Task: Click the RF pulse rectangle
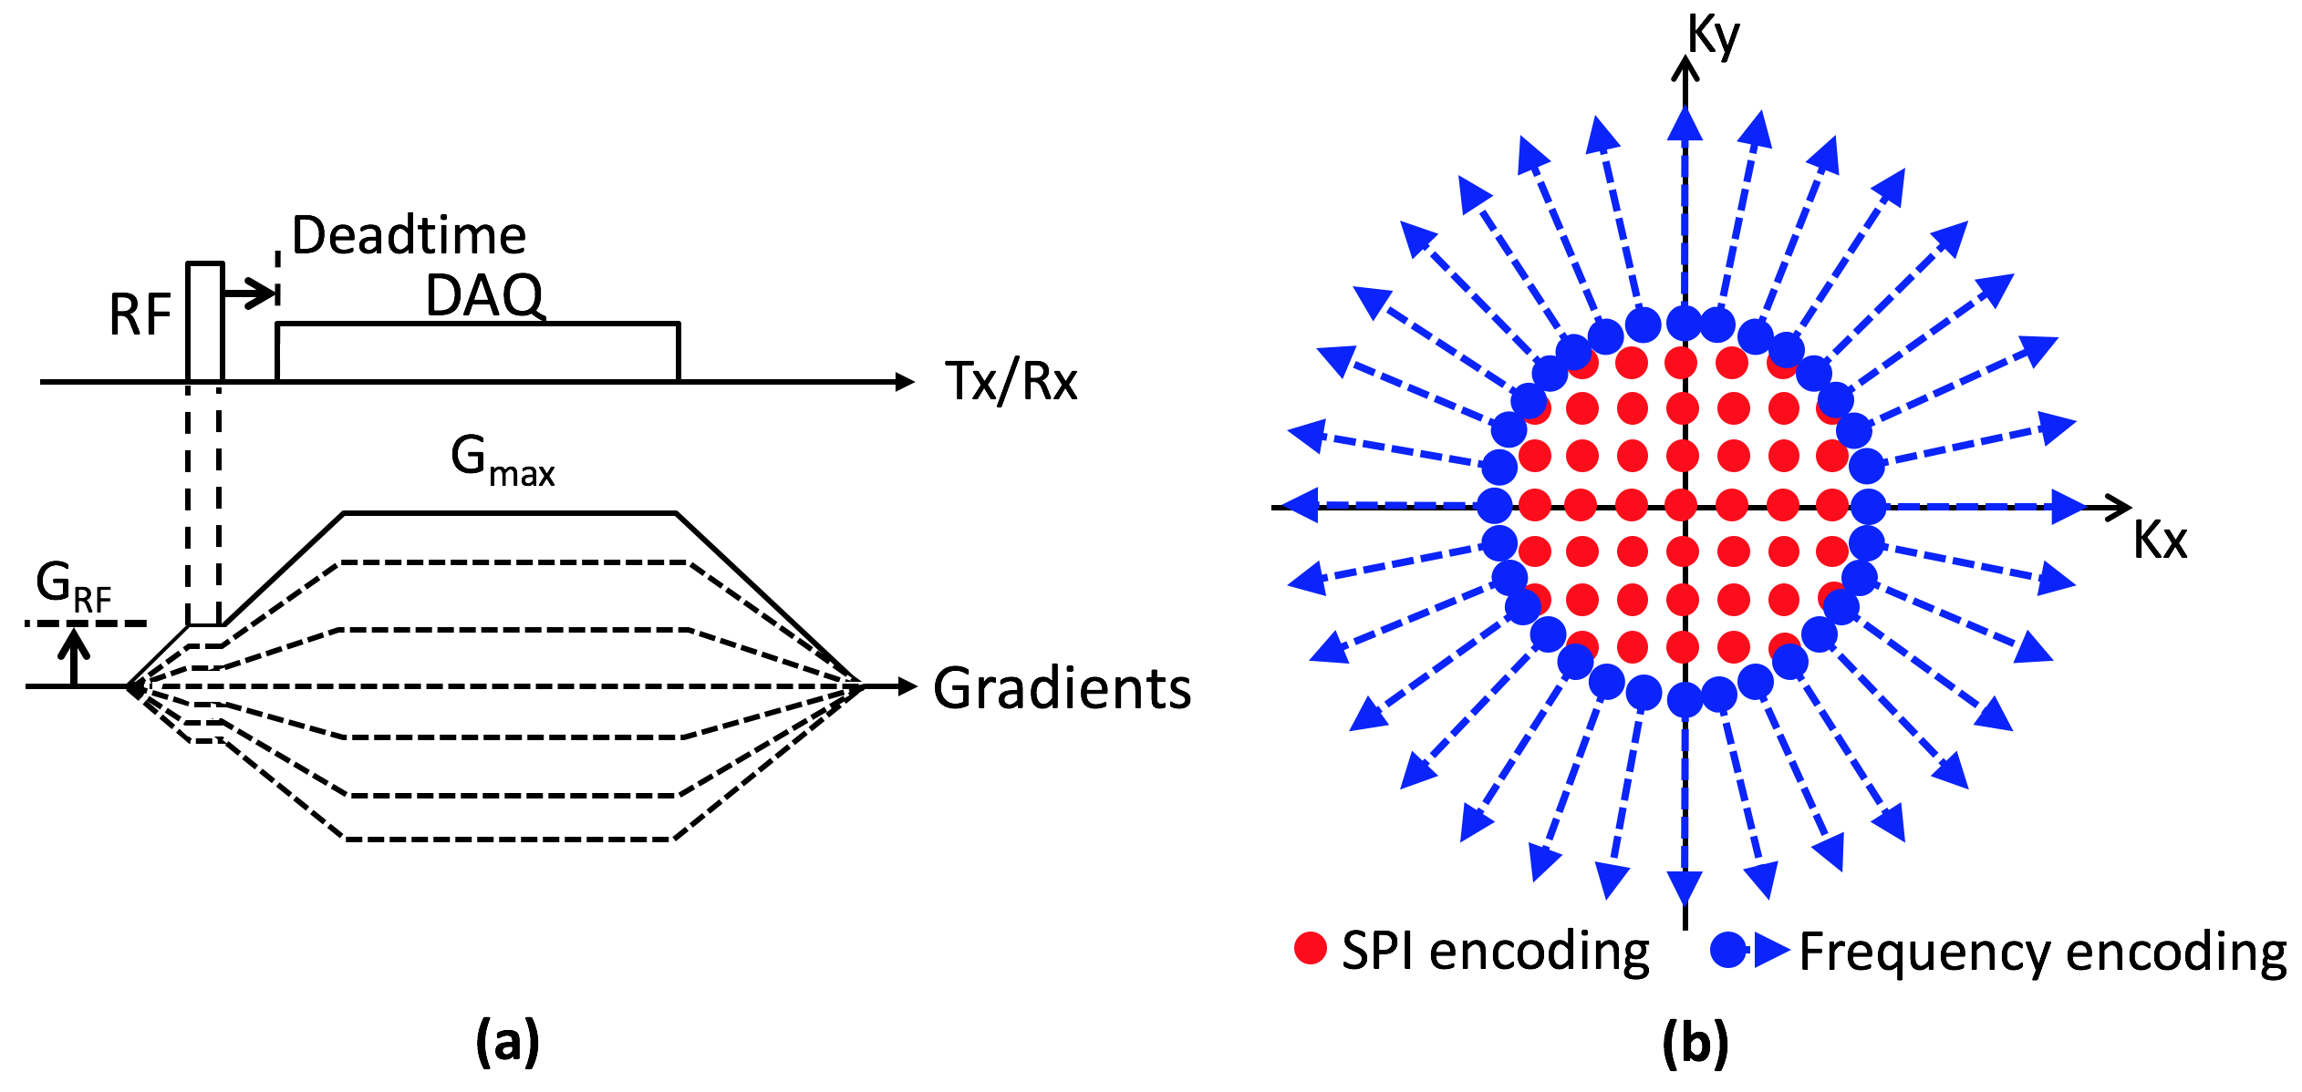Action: [205, 322]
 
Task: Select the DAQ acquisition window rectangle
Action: [477, 352]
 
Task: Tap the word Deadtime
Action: [409, 235]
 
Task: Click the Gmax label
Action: [503, 460]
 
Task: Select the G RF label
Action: [73, 586]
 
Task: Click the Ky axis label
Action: [1713, 36]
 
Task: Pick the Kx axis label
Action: [2160, 540]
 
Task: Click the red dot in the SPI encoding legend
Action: [1311, 948]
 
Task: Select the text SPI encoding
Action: [1496, 951]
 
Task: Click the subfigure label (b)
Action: [1695, 1041]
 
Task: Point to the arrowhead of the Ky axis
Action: [1685, 67]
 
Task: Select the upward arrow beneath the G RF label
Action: [74, 654]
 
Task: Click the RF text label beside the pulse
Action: [140, 315]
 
